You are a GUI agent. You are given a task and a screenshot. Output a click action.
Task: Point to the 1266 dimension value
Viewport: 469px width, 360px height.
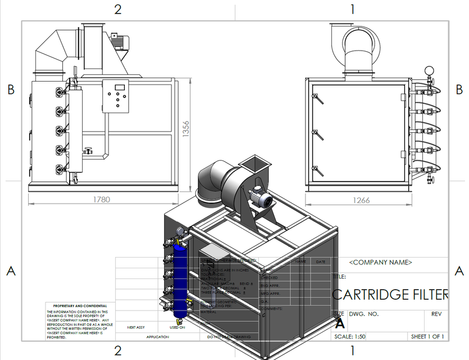pyautogui.click(x=362, y=200)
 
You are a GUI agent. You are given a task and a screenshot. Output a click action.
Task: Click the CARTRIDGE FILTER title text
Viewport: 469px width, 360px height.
pyautogui.click(x=390, y=294)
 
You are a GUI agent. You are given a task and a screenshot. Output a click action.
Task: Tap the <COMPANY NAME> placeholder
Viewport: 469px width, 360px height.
pyautogui.click(x=381, y=263)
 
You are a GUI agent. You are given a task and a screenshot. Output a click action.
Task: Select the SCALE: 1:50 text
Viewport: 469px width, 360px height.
pyautogui.click(x=350, y=336)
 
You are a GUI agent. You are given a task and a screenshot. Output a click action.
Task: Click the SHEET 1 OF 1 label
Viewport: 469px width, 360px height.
pyautogui.click(x=427, y=336)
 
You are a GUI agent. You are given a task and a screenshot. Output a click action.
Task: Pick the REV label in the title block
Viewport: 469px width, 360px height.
pyautogui.click(x=437, y=314)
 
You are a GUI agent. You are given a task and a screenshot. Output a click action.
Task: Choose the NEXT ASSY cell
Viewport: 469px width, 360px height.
pyautogui.click(x=136, y=327)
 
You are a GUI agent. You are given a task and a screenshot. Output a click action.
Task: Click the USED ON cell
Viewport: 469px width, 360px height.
pyautogui.click(x=178, y=327)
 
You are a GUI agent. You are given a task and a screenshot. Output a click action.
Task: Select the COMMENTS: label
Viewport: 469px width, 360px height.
pyautogui.click(x=272, y=309)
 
